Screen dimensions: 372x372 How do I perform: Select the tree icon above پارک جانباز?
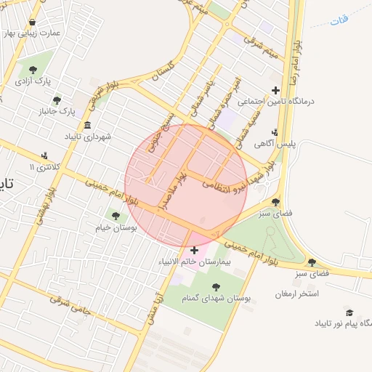(x=57, y=100)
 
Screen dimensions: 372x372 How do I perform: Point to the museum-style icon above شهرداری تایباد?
(x=88, y=125)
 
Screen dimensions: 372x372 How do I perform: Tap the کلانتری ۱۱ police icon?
(x=45, y=155)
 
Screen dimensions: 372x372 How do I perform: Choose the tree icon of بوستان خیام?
(x=114, y=215)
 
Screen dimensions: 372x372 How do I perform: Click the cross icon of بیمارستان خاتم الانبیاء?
(x=193, y=250)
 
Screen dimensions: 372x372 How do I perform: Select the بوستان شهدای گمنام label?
(x=215, y=299)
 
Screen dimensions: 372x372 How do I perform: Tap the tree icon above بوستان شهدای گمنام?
(x=215, y=286)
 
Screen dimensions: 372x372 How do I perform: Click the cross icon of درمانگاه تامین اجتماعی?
(x=275, y=91)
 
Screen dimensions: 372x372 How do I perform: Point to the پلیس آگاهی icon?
(x=275, y=132)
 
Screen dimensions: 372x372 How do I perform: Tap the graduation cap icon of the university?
(x=349, y=312)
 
